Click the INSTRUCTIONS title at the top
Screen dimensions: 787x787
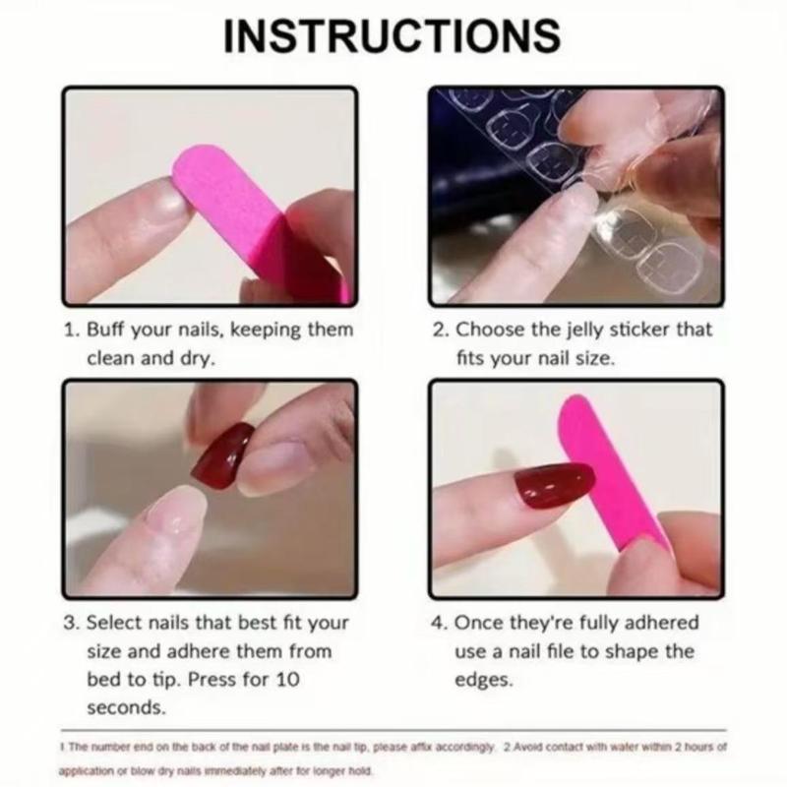tap(393, 36)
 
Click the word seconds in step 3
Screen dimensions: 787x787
tap(125, 706)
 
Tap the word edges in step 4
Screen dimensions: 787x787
tap(483, 679)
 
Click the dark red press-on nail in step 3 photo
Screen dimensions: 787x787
tap(223, 454)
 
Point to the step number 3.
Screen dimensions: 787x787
tap(70, 623)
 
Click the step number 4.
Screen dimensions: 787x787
tap(439, 623)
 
